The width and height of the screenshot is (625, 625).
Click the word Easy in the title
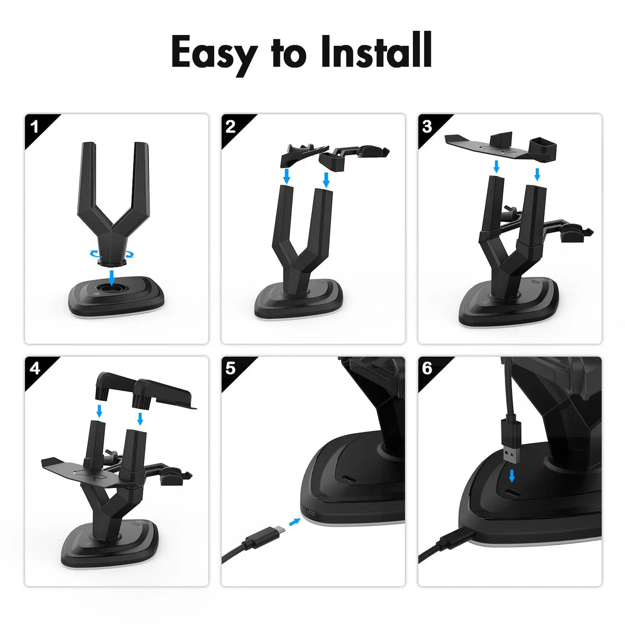click(213, 52)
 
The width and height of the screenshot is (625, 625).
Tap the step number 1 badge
click(35, 127)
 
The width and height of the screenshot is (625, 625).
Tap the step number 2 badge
click(231, 127)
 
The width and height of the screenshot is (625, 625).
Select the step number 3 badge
click(427, 127)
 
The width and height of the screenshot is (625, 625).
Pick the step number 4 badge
click(35, 369)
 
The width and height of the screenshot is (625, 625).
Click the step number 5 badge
click(231, 369)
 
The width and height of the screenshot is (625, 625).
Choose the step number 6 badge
click(427, 369)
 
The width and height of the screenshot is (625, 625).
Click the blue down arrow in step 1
click(112, 276)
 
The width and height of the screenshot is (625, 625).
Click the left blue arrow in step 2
click(287, 176)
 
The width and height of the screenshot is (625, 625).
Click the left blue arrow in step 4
click(100, 411)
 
